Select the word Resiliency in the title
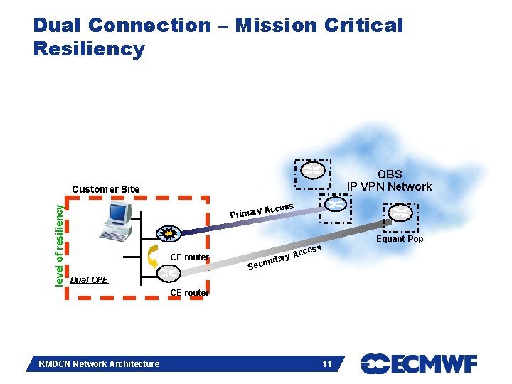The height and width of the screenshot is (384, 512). tap(89, 49)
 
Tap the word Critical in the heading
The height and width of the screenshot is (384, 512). tap(363, 26)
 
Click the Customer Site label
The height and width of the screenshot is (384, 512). tap(107, 188)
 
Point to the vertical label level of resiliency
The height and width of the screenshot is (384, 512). tap(60, 242)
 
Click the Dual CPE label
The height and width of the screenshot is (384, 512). tap(89, 279)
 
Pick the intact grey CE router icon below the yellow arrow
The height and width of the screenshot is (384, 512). tap(169, 273)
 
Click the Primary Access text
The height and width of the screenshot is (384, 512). tap(262, 210)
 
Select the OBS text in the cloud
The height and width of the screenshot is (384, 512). tap(389, 174)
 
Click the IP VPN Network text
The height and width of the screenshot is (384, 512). tap(389, 186)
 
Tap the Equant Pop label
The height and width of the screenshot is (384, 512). tap(400, 239)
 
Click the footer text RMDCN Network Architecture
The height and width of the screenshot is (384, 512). tap(98, 364)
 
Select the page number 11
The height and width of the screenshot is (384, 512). tap(327, 364)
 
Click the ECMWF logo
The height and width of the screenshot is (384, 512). tap(419, 364)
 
